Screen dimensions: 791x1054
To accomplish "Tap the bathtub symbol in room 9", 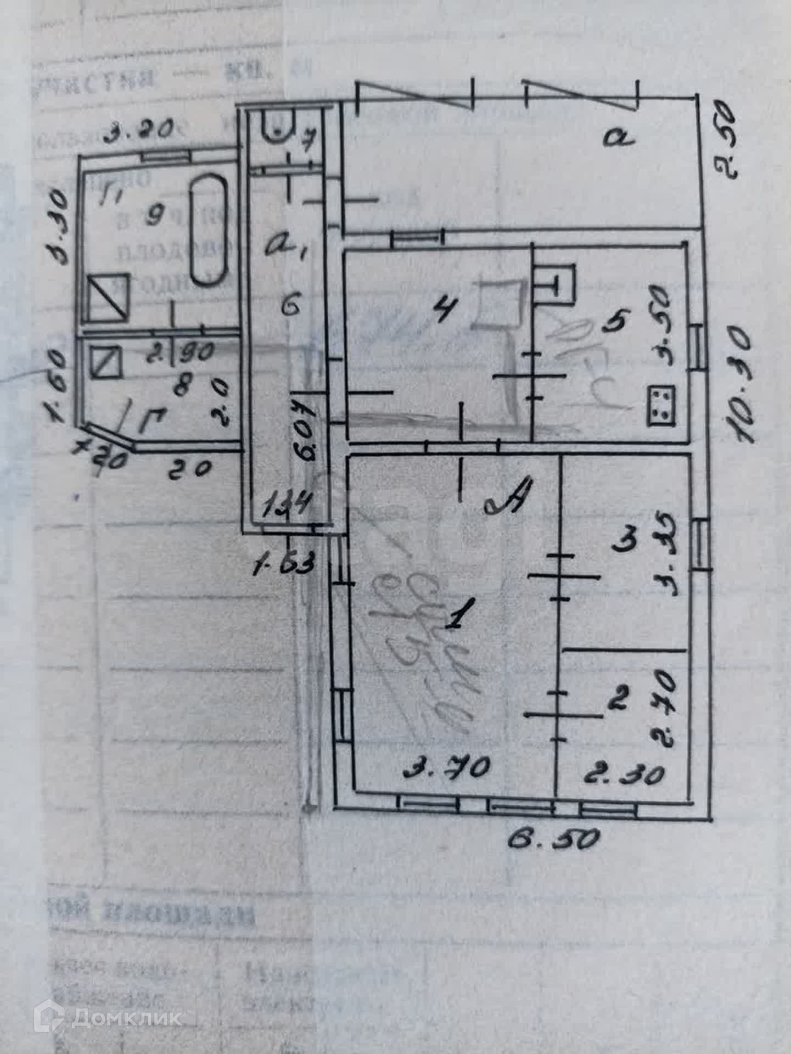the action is [x=209, y=229].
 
